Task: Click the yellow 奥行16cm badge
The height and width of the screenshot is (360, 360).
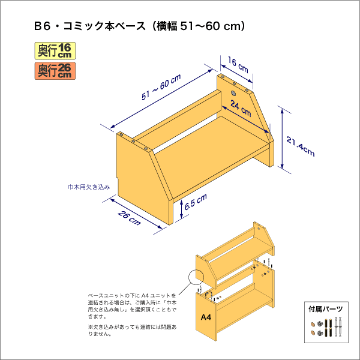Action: tap(55, 51)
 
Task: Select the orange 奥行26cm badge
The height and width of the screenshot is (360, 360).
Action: tap(55, 71)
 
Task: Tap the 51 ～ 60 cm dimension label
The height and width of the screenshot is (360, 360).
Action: tap(161, 87)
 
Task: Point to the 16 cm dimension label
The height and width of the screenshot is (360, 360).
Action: tap(238, 65)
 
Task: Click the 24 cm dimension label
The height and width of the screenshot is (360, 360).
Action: tap(241, 109)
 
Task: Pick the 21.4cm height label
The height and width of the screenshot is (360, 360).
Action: tap(301, 146)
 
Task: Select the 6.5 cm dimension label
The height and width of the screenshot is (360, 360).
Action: tap(196, 202)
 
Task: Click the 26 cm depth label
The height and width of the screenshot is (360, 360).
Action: tap(129, 218)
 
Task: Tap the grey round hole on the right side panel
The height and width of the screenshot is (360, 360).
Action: tap(233, 93)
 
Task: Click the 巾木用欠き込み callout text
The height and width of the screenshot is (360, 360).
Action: tap(89, 187)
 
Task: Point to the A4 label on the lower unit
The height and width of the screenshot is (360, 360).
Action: tap(206, 317)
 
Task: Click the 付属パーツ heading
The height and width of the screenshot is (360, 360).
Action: tap(326, 309)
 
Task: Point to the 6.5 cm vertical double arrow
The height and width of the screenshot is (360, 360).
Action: tap(181, 209)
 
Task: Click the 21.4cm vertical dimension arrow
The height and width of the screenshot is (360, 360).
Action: tap(282, 139)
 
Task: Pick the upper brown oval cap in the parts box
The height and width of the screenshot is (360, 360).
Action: tap(313, 325)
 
